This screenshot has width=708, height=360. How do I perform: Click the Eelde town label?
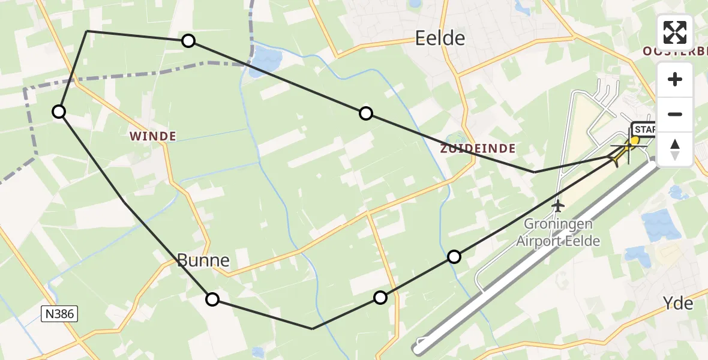(x=440, y=39)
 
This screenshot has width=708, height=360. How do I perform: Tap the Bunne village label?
(x=203, y=260)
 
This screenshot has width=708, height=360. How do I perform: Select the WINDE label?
(x=154, y=137)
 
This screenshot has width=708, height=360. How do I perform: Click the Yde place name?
(x=679, y=304)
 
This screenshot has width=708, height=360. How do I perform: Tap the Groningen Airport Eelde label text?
(x=558, y=233)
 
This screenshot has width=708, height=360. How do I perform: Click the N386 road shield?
(x=60, y=313)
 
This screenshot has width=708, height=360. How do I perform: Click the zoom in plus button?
(x=675, y=79)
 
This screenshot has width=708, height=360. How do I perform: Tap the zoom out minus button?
(x=675, y=114)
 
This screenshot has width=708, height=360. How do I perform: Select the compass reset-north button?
(x=675, y=149)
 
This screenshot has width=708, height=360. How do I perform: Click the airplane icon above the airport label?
(x=558, y=206)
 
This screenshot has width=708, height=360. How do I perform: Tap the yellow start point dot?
(x=634, y=140)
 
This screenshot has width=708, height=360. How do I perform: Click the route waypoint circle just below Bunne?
(x=212, y=299)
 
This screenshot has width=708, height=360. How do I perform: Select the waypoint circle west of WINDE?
(x=59, y=112)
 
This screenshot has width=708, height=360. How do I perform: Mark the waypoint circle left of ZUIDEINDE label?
(x=365, y=113)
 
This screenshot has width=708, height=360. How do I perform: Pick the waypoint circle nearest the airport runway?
(x=454, y=257)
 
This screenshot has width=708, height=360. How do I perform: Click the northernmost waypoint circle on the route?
(x=188, y=41)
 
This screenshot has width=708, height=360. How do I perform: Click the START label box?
(x=644, y=130)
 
